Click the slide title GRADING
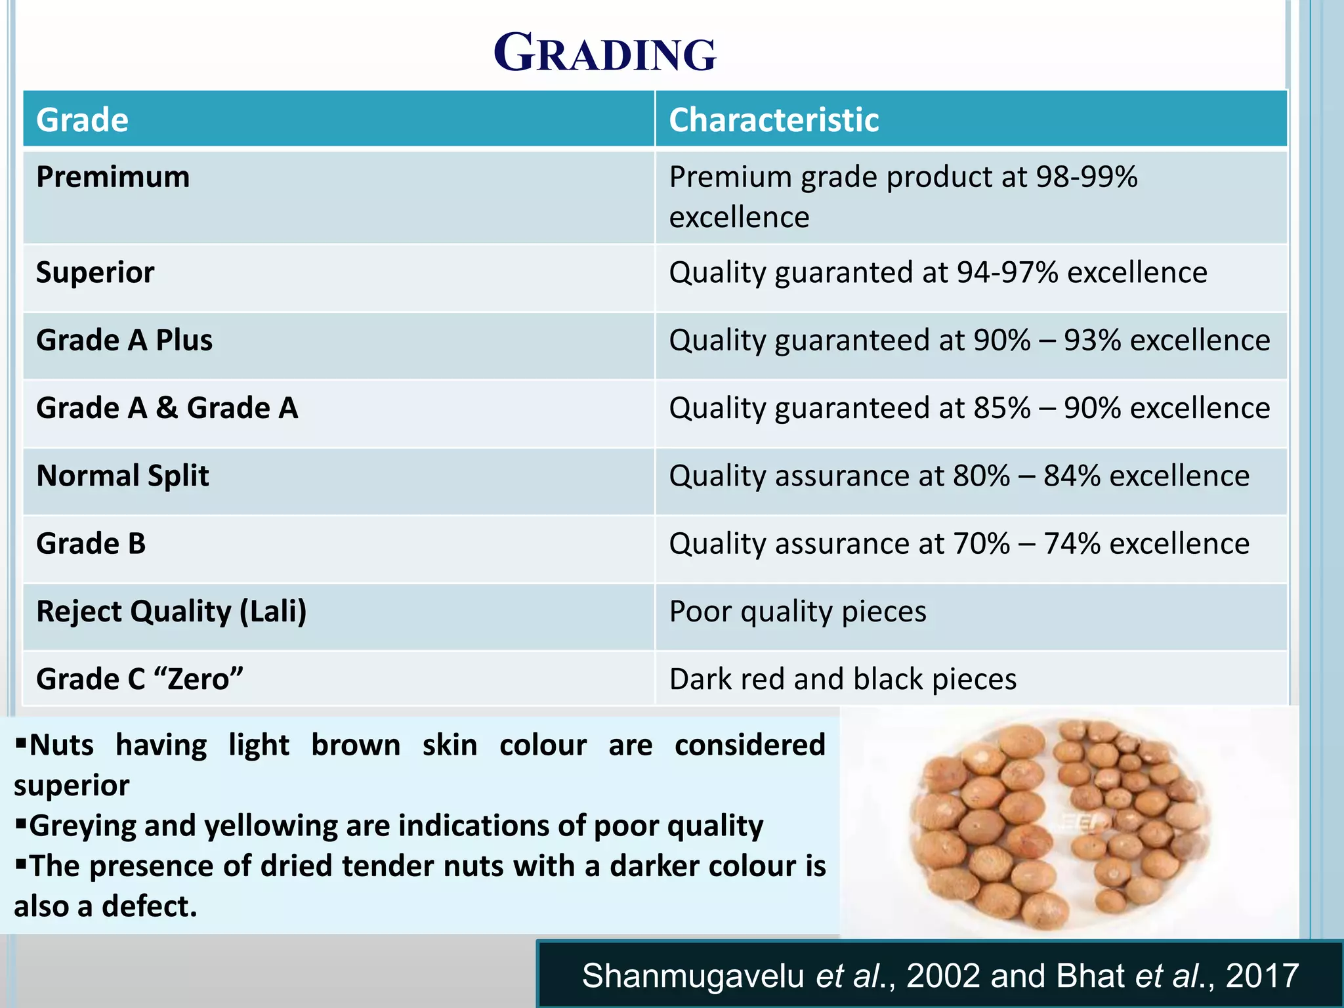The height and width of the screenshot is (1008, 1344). tap(604, 53)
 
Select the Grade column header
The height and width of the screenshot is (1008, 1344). tap(82, 120)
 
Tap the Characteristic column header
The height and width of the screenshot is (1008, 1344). tap(773, 120)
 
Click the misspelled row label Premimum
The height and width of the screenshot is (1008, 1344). tap(113, 177)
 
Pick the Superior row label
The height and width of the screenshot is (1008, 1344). tap(95, 272)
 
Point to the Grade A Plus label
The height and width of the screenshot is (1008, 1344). tap(124, 341)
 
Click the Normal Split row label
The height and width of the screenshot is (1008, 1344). tap(123, 476)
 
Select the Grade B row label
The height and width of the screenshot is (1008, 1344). tap(91, 544)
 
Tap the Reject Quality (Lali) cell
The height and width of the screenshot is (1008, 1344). tap(171, 612)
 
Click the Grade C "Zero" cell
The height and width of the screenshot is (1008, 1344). tap(140, 679)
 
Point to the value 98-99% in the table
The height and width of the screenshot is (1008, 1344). tap(1086, 177)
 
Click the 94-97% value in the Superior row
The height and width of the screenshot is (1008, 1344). tap(1007, 272)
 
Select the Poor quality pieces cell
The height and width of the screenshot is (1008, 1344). tap(797, 612)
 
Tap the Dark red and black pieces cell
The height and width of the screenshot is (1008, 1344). tap(843, 679)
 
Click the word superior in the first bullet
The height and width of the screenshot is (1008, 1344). tap(72, 786)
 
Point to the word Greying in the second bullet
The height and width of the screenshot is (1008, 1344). tap(83, 826)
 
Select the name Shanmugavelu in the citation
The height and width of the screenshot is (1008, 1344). tap(692, 976)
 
